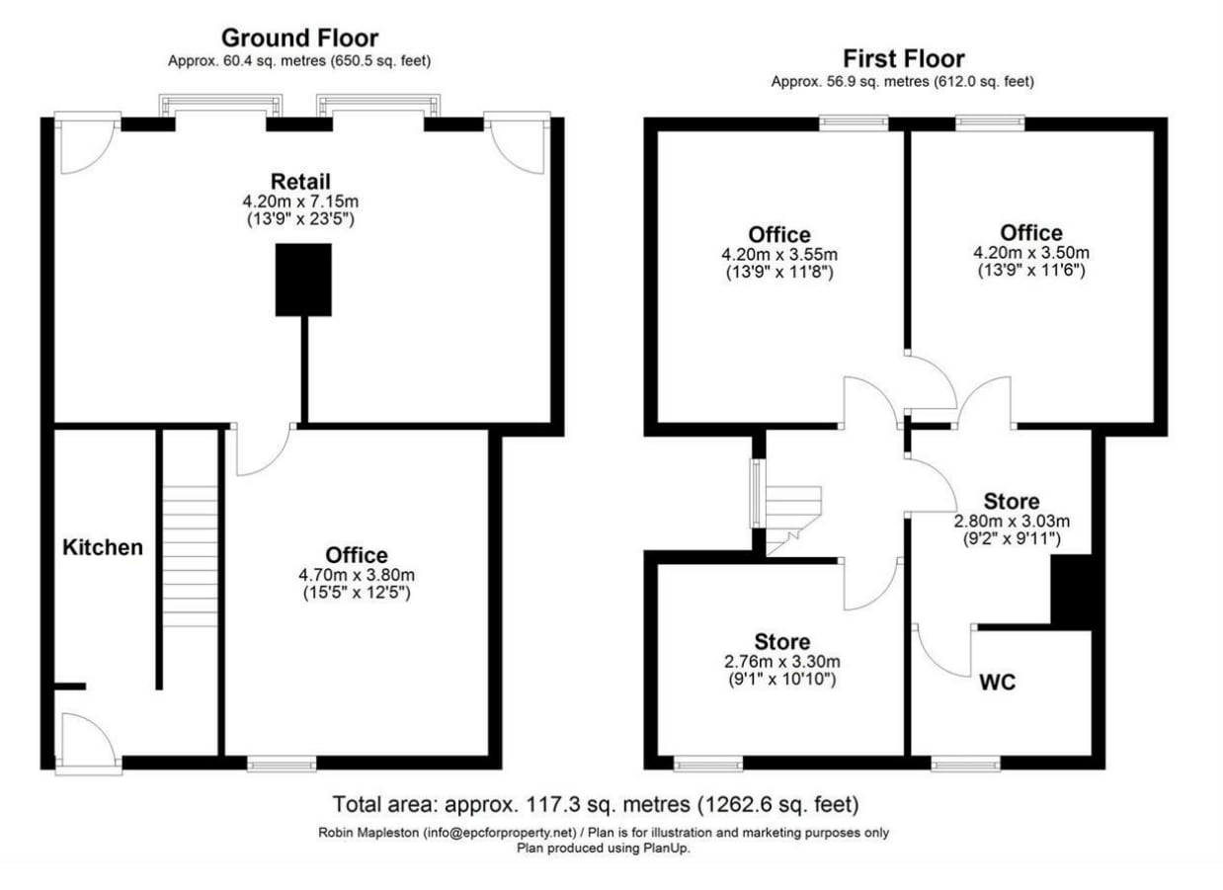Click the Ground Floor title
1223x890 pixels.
298,39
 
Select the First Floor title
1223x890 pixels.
902,58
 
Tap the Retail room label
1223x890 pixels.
300,182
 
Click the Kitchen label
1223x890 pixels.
104,547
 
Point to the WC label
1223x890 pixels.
998,682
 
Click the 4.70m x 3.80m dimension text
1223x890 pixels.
357,575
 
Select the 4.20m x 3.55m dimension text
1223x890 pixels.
779,253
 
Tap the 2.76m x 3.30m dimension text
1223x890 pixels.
781,661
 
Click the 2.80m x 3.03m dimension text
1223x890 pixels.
1011,521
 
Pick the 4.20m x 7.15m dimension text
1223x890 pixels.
300,201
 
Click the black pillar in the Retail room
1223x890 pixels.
302,281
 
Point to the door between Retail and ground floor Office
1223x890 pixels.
261,449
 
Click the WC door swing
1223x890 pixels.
941,652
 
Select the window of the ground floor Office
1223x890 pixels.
282,763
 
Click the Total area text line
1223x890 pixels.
596,803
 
